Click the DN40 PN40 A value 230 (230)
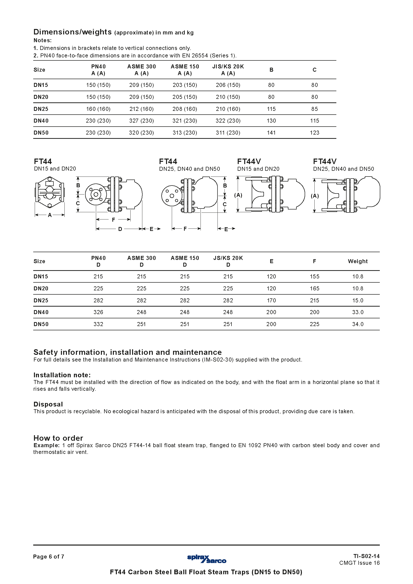98,121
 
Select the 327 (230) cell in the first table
141,121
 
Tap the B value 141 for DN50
271,133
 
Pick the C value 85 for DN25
314,109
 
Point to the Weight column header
358,261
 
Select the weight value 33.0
358,312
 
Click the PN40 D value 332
98,324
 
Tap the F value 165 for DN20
314,288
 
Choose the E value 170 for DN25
271,300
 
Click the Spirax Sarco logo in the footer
206,559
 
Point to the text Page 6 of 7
49,557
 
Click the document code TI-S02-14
366,556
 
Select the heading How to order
58,438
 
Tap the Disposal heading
48,404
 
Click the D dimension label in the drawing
120,229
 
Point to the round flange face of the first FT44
96,195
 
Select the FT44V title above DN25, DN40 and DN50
325,162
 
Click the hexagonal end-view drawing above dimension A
50,193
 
